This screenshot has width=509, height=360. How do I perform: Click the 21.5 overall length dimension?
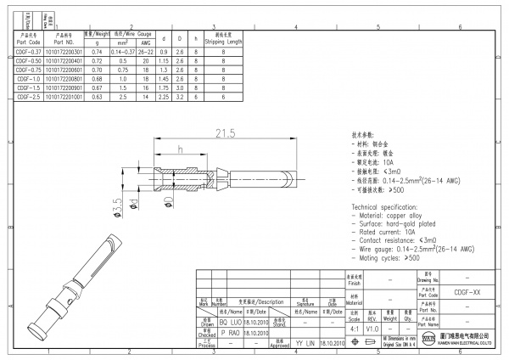pyautogui.click(x=224, y=133)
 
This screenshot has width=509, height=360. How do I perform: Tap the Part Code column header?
pyautogui.click(x=28, y=40)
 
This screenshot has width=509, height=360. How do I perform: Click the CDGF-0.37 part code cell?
pyautogui.click(x=28, y=53)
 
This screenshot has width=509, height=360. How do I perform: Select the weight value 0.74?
pyautogui.click(x=96, y=53)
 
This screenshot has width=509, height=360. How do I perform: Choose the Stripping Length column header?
pyautogui.click(x=223, y=40)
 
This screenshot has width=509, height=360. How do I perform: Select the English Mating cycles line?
pyautogui.click(x=387, y=257)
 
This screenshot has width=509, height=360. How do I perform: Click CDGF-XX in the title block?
pyautogui.click(x=467, y=290)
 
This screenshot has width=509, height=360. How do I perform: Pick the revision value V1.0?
pyautogui.click(x=372, y=328)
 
